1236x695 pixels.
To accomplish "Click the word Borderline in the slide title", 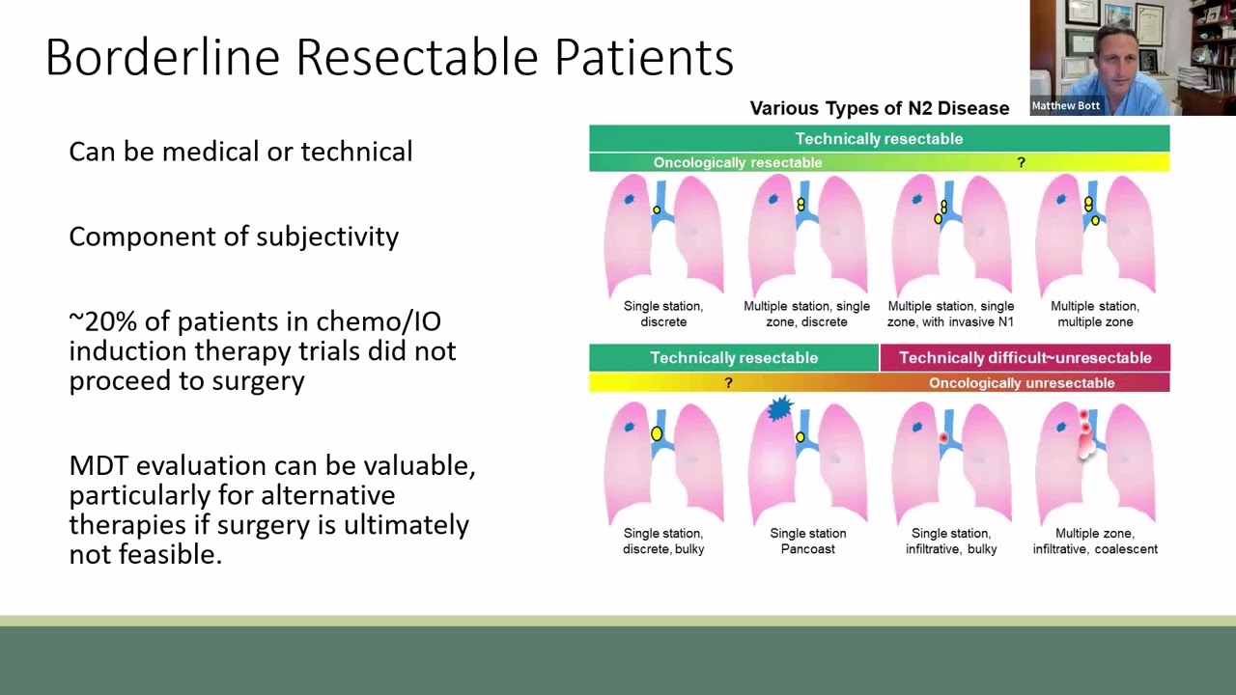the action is tap(163, 57).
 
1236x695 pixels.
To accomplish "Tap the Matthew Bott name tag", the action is tap(1065, 105).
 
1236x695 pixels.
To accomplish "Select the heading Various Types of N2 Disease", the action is tap(880, 108).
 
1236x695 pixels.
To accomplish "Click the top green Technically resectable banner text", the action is tap(879, 138).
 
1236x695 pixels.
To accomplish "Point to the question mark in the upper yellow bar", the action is tap(1022, 163).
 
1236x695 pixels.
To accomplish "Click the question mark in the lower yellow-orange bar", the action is tap(728, 383).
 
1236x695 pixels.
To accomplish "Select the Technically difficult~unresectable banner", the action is tap(1025, 357).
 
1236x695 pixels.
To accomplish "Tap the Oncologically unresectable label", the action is tap(1022, 383).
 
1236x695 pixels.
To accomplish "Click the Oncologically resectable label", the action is tap(738, 163).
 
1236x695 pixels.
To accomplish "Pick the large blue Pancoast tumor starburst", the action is tap(779, 408).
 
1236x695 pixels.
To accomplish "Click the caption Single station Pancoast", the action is tap(808, 542).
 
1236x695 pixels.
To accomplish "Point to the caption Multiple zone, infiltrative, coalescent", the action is tap(1095, 542).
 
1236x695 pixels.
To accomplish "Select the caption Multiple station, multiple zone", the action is tap(1095, 314).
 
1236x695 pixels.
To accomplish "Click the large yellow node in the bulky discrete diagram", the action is tap(656, 433).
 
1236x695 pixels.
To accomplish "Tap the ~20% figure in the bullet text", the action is tap(103, 321).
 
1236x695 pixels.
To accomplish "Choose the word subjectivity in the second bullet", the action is tap(327, 237).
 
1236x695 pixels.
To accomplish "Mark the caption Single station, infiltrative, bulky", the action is tap(951, 542).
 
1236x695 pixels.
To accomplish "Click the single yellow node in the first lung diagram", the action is tap(657, 210).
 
